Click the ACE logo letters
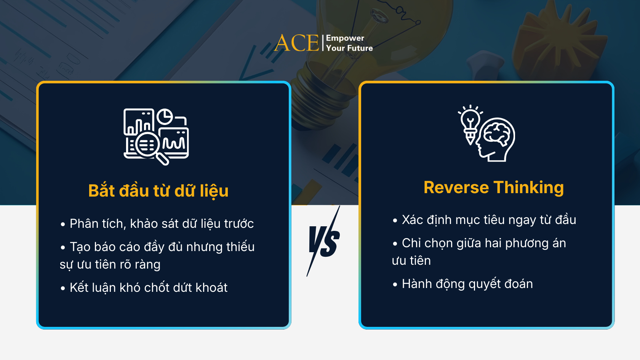point(297,43)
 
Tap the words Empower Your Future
point(349,43)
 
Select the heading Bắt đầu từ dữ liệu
point(158,191)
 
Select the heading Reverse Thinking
point(494,187)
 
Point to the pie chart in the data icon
point(165,117)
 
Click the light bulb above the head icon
point(470,121)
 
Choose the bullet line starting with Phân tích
point(161,224)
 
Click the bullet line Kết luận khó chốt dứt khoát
point(148,288)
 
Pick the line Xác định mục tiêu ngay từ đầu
point(488,220)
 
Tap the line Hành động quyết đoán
point(467,284)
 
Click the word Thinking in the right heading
point(529,187)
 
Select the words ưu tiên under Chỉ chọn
point(411,261)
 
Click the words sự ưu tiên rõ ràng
point(110,264)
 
